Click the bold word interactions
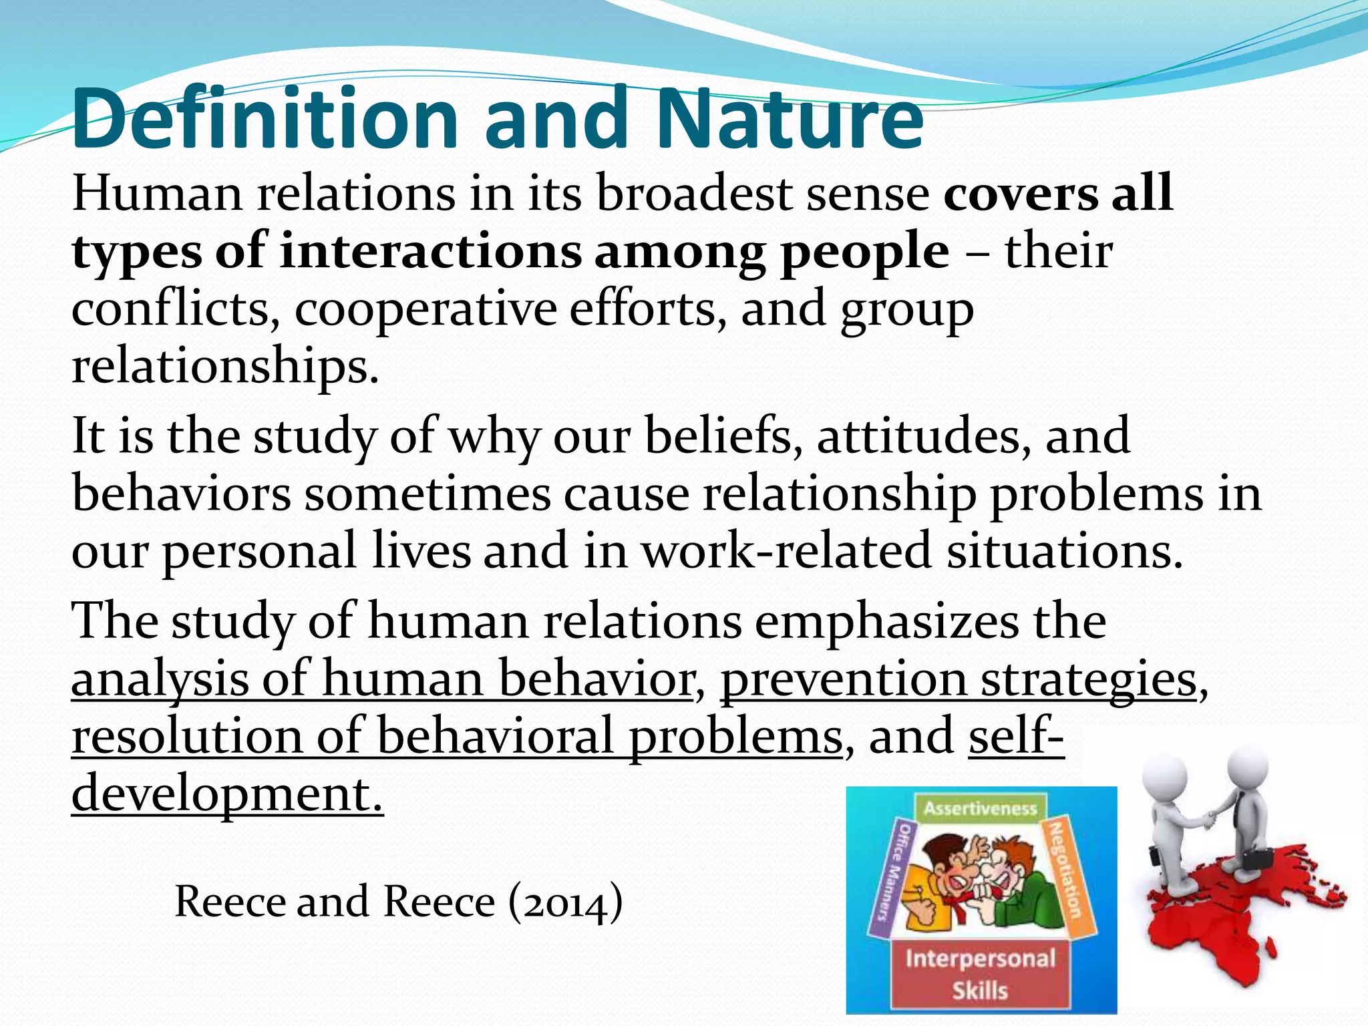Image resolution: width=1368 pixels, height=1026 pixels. click(x=431, y=252)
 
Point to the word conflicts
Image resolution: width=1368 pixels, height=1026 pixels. click(x=176, y=309)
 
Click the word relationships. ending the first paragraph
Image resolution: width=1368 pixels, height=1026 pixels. click(x=225, y=367)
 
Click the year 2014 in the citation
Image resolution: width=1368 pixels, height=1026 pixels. click(x=566, y=902)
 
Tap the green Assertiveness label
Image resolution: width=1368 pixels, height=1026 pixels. click(x=980, y=809)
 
